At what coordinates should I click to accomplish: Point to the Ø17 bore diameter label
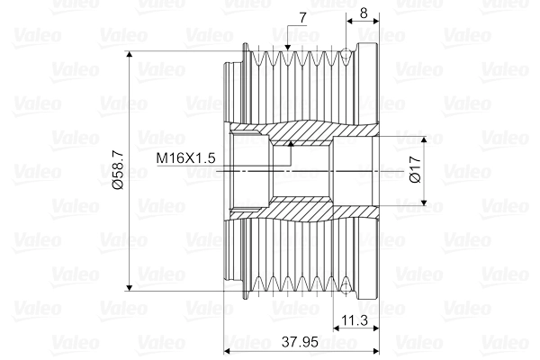tap(414, 170)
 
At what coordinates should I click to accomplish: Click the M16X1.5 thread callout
tap(185, 157)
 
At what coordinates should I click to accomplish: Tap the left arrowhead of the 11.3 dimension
tap(335, 328)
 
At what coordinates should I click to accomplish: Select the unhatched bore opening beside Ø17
tap(355, 170)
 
